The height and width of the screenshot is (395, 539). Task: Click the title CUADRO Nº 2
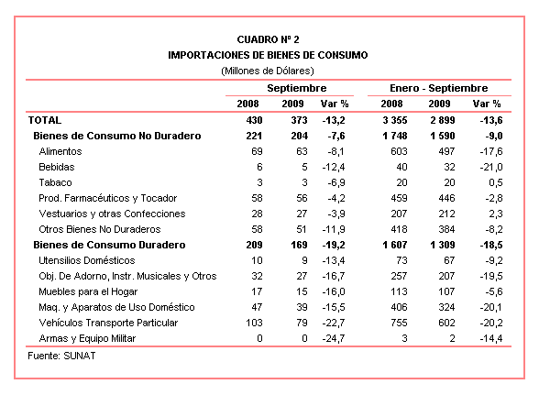pyautogui.click(x=268, y=39)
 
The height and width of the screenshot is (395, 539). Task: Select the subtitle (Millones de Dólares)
pyautogui.click(x=268, y=71)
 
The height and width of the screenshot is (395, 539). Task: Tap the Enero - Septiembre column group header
pyautogui.click(x=438, y=88)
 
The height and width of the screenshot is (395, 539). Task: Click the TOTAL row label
pyautogui.click(x=45, y=120)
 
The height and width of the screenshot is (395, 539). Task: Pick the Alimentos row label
pyautogui.click(x=60, y=151)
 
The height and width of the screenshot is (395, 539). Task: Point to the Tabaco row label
pyautogui.click(x=55, y=182)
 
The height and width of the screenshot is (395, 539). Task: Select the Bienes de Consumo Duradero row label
pyautogui.click(x=109, y=245)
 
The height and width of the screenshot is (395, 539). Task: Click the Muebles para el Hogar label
pyautogui.click(x=88, y=291)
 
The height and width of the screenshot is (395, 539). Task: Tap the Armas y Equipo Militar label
pyautogui.click(x=87, y=338)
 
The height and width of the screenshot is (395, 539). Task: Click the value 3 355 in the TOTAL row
pyautogui.click(x=394, y=120)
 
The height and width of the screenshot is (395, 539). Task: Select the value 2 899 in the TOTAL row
pyautogui.click(x=443, y=120)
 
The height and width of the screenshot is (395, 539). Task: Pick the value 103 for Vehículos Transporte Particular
pyautogui.click(x=254, y=323)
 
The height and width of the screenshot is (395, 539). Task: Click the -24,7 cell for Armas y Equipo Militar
pyautogui.click(x=334, y=338)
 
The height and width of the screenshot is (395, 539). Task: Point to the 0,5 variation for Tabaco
pyautogui.click(x=496, y=182)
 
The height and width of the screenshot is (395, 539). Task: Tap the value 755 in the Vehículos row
pyautogui.click(x=399, y=323)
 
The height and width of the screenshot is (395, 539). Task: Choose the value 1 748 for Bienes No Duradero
pyautogui.click(x=394, y=136)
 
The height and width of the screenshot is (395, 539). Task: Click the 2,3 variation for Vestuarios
pyautogui.click(x=496, y=214)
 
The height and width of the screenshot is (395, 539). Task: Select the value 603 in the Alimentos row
pyautogui.click(x=399, y=151)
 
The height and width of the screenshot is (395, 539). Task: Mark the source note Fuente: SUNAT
pyautogui.click(x=61, y=356)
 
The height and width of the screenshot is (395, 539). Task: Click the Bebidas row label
pyautogui.click(x=57, y=167)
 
